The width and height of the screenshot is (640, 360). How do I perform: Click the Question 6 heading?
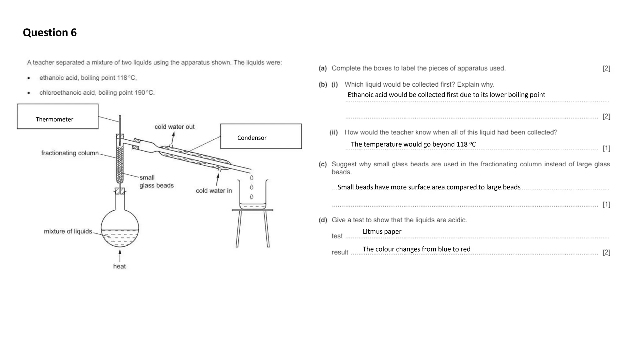(x=50, y=32)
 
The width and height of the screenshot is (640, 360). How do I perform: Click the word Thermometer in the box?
(x=54, y=119)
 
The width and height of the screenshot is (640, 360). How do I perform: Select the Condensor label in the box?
(x=252, y=138)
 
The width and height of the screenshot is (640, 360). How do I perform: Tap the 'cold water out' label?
(x=174, y=127)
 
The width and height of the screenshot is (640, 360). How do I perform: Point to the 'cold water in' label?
(x=214, y=191)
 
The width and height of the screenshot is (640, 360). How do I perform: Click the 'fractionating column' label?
(x=70, y=153)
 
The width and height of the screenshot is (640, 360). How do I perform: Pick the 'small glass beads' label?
(x=156, y=182)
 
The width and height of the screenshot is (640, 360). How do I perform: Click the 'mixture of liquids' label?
(x=68, y=232)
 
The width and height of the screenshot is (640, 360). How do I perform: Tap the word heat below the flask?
(x=119, y=267)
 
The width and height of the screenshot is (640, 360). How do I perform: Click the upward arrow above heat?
(x=120, y=255)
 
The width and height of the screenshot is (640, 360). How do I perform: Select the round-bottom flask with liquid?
(x=120, y=228)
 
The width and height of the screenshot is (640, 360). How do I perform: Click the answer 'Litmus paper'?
(x=382, y=232)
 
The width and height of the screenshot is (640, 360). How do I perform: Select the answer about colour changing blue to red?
(x=416, y=249)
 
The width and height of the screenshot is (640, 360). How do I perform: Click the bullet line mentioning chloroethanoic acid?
(x=97, y=93)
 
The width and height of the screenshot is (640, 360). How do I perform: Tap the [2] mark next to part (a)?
(x=606, y=68)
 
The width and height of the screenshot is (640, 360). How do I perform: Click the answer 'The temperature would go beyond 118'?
(x=413, y=144)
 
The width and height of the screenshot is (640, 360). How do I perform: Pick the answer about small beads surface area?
(x=429, y=187)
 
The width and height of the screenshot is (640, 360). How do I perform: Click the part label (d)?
(x=323, y=220)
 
